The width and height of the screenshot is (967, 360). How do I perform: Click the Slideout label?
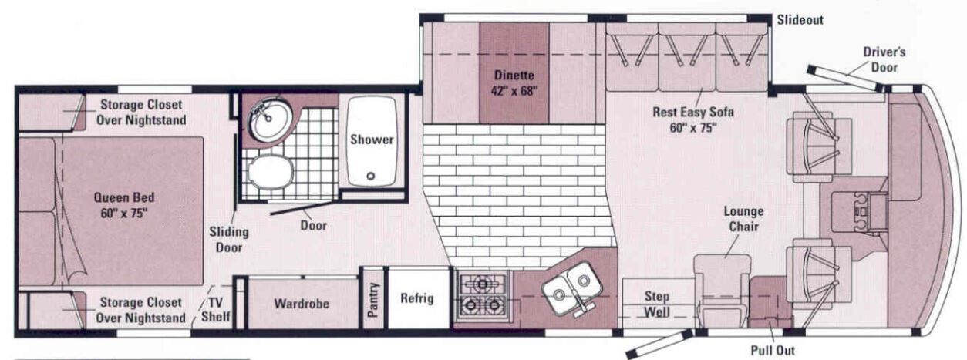(800, 20)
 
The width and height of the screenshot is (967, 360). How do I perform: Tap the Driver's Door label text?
(884, 59)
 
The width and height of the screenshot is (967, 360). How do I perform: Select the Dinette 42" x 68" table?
(514, 73)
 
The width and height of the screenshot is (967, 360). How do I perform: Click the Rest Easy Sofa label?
(693, 119)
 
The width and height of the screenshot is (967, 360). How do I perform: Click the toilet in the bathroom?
(271, 171)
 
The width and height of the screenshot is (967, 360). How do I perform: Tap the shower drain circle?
(370, 176)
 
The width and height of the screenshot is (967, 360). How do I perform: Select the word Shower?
(372, 140)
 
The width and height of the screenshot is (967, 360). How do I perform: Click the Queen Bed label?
(124, 205)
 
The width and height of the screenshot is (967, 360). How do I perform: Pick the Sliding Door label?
(229, 240)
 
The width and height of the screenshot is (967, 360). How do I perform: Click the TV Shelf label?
(215, 309)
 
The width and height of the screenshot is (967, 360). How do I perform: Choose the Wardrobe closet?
(302, 303)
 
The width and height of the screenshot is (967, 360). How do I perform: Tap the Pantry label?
(373, 300)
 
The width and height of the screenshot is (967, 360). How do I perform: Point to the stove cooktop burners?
(482, 295)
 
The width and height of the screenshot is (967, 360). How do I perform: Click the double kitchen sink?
(572, 288)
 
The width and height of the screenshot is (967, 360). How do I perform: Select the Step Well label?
(656, 304)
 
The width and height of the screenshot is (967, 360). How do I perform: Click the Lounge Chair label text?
(743, 219)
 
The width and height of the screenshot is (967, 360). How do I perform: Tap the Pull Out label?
(773, 351)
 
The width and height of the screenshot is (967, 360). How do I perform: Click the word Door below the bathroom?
(313, 225)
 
